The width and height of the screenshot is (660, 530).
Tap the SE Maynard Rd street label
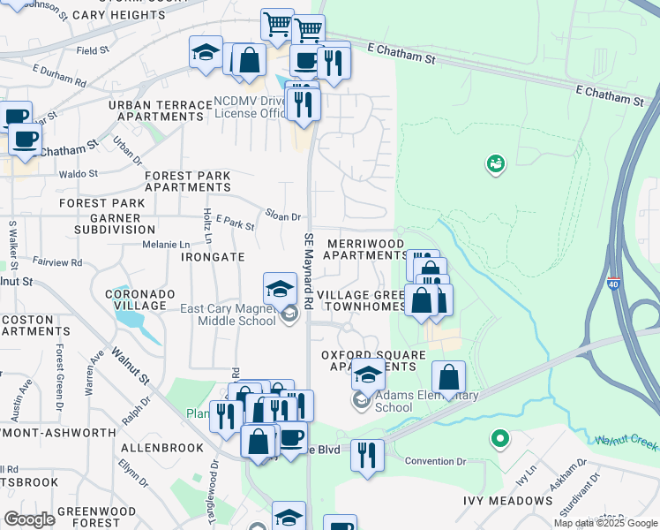pos(309,269)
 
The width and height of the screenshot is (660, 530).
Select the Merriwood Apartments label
pos(364,249)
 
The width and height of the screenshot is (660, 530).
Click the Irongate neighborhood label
pos(213,256)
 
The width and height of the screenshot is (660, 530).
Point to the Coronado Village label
pos(135,299)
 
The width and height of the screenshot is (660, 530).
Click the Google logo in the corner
pos(29,519)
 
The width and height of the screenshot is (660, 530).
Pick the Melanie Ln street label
pos(167,245)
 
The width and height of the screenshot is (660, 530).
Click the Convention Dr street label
pos(435,461)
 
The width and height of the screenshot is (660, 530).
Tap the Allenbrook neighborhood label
pos(162,448)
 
